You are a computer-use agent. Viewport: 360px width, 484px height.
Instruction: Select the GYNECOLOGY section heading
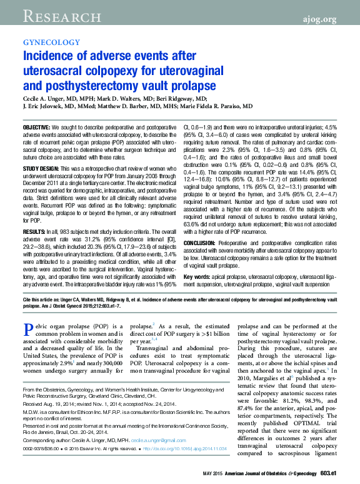pyautogui.click(x=51, y=42)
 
